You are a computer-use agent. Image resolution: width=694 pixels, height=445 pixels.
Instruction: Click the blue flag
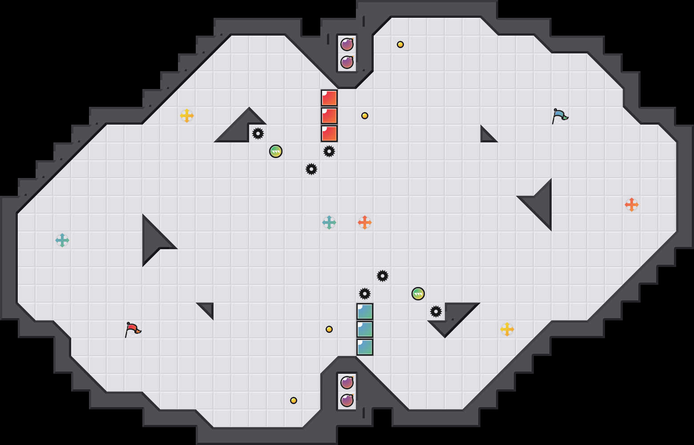pos(559,116)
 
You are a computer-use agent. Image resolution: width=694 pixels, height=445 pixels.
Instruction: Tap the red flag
pos(132,329)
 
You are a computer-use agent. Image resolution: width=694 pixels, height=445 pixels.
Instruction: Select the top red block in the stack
pos(329,98)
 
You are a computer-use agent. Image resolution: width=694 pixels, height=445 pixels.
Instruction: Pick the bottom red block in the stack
pos(329,133)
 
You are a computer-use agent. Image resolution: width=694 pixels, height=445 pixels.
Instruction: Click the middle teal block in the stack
pos(365,329)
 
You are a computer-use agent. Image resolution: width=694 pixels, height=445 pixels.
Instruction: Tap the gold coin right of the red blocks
pos(365,116)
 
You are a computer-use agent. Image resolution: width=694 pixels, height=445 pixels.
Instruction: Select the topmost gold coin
pos(400,44)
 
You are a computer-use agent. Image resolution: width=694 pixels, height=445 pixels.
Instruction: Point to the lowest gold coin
pos(294,400)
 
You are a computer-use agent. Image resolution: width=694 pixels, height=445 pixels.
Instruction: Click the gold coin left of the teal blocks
pos(329,329)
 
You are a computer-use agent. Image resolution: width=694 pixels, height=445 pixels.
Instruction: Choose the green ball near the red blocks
pos(276,151)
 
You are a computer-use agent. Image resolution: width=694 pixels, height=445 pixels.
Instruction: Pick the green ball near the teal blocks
pos(418,294)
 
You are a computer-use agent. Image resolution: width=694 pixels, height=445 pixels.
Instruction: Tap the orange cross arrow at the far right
pos(632,205)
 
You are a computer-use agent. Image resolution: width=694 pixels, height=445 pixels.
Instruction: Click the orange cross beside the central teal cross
pos(365,222)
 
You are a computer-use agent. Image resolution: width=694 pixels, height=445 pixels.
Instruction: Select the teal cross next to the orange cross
pos(329,222)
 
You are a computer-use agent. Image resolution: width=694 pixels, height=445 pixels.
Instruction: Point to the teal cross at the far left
pos(62,240)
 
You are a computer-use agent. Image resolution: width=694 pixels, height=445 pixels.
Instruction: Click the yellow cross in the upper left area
pos(187,116)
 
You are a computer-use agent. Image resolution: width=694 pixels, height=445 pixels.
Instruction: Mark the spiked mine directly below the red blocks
pos(329,151)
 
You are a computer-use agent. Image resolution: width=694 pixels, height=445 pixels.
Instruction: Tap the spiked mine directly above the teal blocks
pos(365,294)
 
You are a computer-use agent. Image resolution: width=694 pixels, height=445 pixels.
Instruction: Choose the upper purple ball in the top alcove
pos(347,44)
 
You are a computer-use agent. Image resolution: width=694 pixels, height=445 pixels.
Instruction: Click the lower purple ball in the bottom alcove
pos(347,400)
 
